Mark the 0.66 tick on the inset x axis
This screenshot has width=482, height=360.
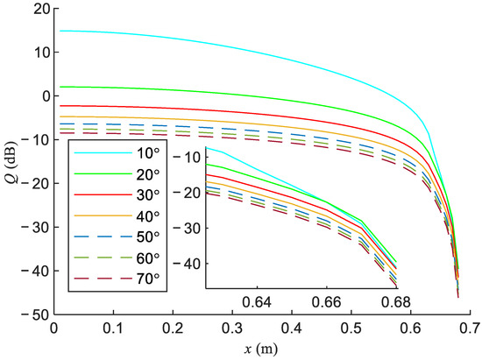pos(326,303)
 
